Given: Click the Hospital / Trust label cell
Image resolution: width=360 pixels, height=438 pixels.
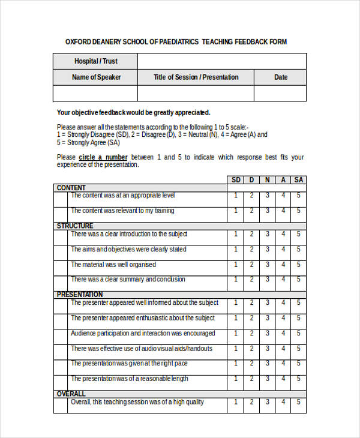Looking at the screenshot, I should click(x=96, y=61).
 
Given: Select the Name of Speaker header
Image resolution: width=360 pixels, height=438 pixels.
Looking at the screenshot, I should click(x=96, y=77).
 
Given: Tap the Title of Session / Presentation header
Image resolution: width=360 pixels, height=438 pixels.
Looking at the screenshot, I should click(x=196, y=77).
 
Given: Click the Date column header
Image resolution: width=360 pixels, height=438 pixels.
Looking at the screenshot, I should click(x=281, y=77).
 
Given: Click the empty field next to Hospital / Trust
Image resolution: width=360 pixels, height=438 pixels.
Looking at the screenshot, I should click(x=222, y=61).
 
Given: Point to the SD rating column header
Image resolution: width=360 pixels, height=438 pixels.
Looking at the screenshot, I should click(x=236, y=180).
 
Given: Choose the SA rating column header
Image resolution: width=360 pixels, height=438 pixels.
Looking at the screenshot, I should click(x=299, y=180).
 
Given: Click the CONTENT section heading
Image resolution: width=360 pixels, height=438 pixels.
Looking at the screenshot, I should click(x=71, y=188).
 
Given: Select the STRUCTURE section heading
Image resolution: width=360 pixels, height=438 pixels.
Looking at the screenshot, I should click(x=75, y=226).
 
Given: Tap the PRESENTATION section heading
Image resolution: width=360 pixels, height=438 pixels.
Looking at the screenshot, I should click(x=80, y=295).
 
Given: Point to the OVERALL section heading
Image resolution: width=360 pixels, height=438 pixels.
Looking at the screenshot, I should click(x=71, y=394).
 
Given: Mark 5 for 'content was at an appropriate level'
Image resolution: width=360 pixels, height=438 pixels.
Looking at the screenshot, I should click(x=299, y=196).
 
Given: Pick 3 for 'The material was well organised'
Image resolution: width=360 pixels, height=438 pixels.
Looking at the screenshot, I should click(x=268, y=265).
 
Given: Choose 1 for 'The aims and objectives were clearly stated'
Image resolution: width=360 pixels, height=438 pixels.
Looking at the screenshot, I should click(x=236, y=250).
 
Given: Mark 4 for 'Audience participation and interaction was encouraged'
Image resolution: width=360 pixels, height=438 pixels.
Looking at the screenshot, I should click(x=283, y=334).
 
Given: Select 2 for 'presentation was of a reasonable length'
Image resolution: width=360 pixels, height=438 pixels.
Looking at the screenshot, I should click(x=252, y=379).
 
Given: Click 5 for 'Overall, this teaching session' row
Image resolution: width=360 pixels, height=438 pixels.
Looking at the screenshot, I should click(x=299, y=403).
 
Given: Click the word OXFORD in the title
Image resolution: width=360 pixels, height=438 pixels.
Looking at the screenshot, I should click(x=79, y=42).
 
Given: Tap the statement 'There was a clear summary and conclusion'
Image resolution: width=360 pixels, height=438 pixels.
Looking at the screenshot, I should click(x=128, y=280).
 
